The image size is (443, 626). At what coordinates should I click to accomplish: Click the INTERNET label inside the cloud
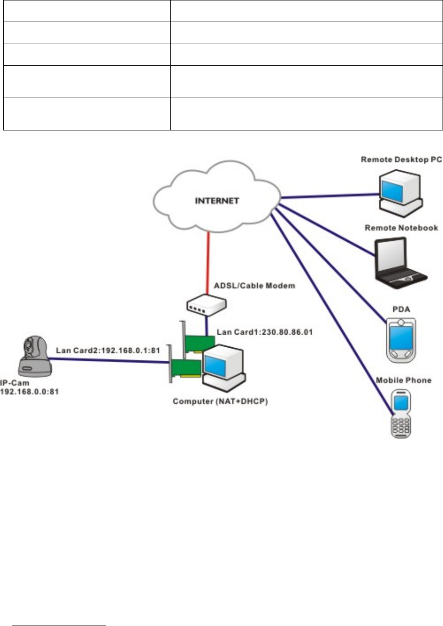[x=217, y=201]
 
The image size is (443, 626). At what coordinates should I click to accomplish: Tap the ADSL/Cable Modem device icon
[x=205, y=305]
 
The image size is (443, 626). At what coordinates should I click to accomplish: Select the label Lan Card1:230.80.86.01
[x=265, y=332]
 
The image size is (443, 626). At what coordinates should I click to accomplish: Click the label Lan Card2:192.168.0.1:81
[x=108, y=350]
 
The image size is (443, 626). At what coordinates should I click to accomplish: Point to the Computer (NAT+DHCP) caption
[x=220, y=402]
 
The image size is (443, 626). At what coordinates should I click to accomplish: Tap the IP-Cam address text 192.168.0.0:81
[x=30, y=391]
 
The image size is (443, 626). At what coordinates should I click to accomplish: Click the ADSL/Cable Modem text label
[x=254, y=285]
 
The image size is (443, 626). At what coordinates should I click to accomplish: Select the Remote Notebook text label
[x=401, y=228]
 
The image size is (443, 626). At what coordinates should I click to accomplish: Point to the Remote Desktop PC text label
[x=401, y=160]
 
